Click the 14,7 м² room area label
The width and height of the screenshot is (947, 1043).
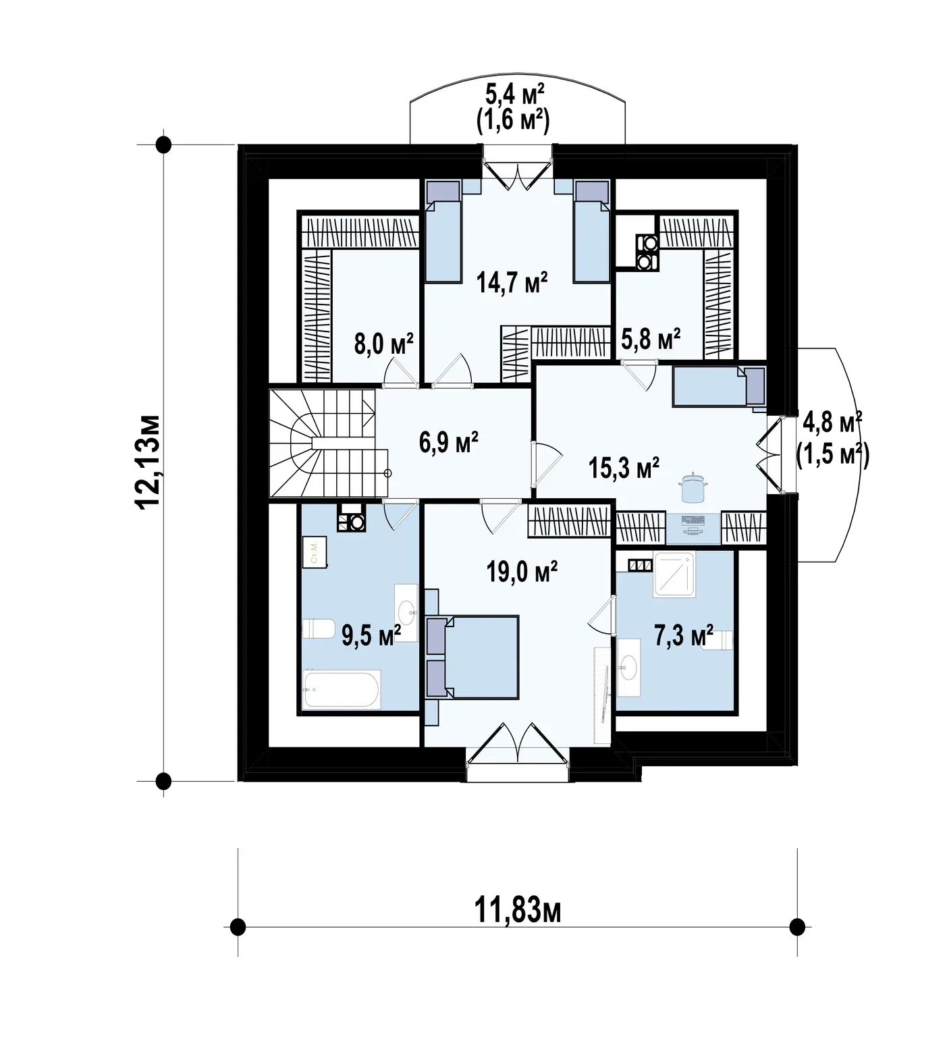pos(511,282)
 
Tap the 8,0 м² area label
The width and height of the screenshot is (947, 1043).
pos(383,344)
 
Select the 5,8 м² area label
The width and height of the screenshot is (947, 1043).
pos(650,338)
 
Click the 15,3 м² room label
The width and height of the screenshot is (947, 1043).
pos(624,467)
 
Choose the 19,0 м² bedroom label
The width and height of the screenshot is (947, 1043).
pos(522,572)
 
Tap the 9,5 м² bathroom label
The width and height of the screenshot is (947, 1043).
pos(371,635)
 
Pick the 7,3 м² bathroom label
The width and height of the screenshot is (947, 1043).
pos(684,635)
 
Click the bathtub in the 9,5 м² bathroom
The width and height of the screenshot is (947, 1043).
pos(342,689)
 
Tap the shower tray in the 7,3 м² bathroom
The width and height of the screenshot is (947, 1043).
pos(674,574)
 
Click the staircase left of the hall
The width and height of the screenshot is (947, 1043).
pos(323,444)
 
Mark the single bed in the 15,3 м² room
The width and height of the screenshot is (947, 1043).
pos(720,387)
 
